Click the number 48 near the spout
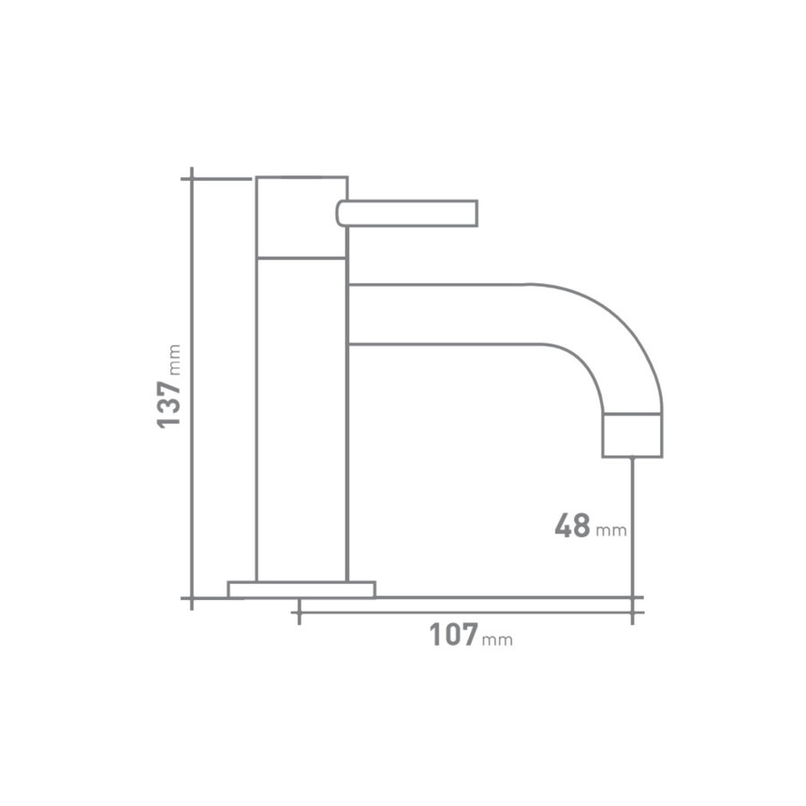click(x=572, y=526)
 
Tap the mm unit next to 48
click(x=611, y=531)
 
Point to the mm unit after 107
click(x=498, y=640)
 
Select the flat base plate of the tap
click(x=301, y=588)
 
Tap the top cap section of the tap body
click(x=302, y=217)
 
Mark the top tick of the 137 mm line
click(x=192, y=178)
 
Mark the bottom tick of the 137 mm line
click(x=192, y=597)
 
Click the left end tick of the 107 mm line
click(x=298, y=613)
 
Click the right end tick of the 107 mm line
click(x=634, y=613)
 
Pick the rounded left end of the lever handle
click(x=341, y=212)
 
